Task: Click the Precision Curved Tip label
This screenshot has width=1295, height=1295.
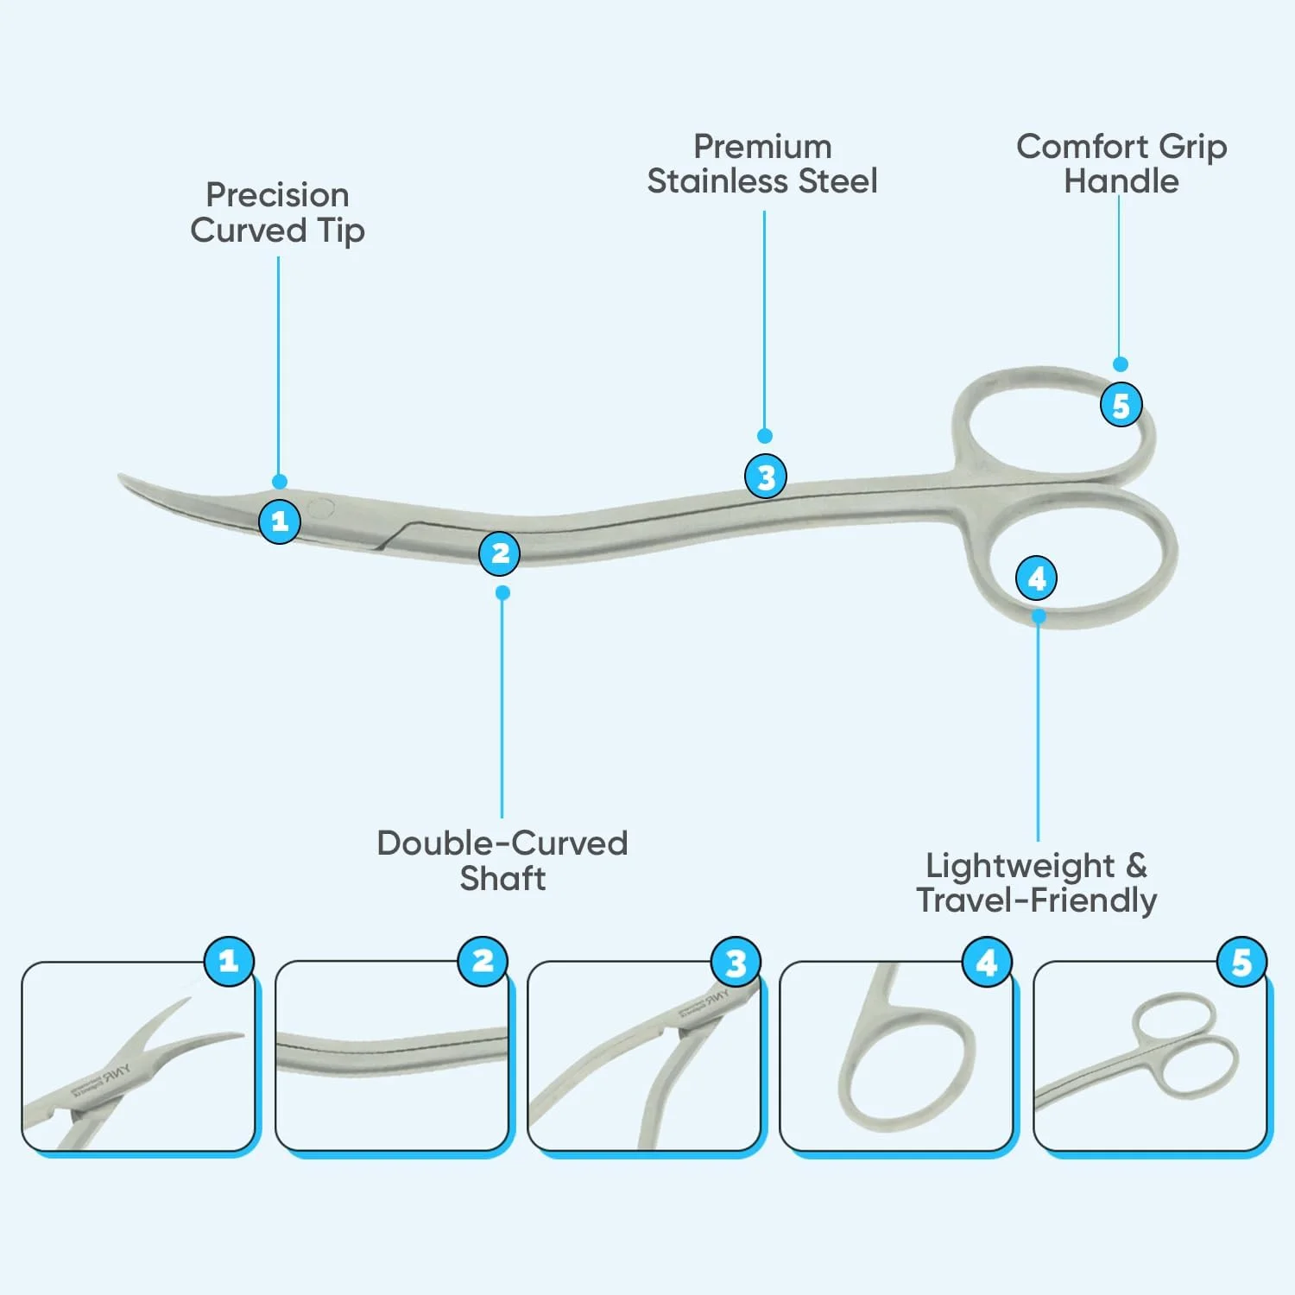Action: coord(277,212)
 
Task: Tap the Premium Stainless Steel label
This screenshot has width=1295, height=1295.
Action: coord(762,164)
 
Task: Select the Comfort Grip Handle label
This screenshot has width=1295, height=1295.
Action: coord(1121,164)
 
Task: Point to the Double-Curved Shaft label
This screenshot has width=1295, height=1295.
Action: coord(502,861)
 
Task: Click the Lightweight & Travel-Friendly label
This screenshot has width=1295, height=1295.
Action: coord(1036,882)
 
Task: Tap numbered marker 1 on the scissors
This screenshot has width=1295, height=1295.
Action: coord(280,521)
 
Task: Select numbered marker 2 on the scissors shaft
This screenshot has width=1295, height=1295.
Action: coord(500,553)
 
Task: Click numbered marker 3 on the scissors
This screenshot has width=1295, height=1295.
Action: coord(766,477)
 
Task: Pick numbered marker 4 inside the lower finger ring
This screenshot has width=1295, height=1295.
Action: coord(1037,578)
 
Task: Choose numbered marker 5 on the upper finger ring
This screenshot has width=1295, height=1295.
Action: coord(1121,405)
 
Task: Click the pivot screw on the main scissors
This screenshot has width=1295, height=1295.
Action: coord(320,509)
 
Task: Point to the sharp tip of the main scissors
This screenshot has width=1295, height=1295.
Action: coord(121,476)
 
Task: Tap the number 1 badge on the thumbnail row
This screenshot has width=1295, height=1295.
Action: coord(229,961)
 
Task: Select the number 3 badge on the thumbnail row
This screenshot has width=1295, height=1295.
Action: coord(736,963)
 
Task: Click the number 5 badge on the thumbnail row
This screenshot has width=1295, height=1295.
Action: coord(1241,962)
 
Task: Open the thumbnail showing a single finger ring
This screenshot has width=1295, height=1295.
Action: coord(896,1057)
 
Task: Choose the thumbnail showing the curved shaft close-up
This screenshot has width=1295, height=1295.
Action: coord(392,1057)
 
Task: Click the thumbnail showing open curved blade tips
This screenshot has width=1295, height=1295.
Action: coord(138,1057)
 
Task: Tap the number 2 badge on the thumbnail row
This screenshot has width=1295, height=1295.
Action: coord(483,961)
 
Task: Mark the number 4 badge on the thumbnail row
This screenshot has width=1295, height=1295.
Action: coord(987,962)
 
